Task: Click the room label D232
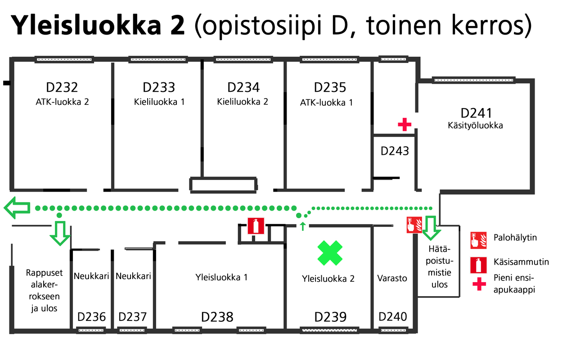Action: coord(62,87)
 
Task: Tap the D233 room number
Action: coord(159,87)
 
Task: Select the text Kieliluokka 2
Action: coord(243,101)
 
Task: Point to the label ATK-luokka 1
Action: coord(326,102)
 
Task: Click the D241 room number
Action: coord(477,112)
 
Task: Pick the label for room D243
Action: coord(395,150)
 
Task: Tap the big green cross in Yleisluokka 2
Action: coord(330,252)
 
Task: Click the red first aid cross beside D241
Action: coord(405,125)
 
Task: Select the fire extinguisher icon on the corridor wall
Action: coord(256,225)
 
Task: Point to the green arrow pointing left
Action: coord(17,208)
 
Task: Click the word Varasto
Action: coord(392,278)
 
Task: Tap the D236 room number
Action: coord(92,317)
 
